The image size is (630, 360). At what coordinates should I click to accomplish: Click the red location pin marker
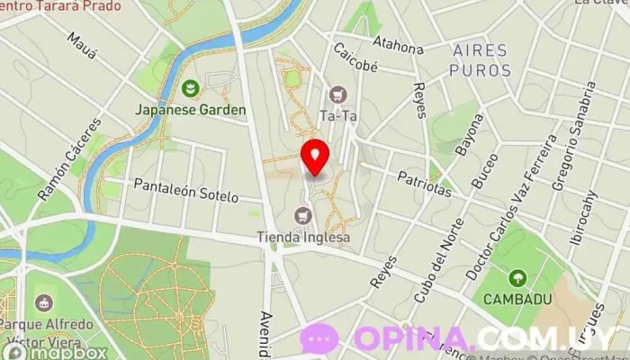click(314, 157)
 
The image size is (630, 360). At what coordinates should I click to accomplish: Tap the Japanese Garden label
click(191, 110)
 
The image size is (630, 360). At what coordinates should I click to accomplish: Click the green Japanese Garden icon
click(191, 88)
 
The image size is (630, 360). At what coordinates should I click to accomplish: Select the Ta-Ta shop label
click(338, 115)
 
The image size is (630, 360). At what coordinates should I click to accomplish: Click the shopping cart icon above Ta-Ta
click(338, 94)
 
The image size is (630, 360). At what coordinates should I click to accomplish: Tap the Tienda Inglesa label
click(304, 238)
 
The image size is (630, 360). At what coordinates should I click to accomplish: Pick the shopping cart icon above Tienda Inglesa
click(303, 215)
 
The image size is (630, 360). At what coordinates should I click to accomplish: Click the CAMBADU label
click(517, 298)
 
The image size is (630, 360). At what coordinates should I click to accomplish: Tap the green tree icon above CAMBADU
click(517, 277)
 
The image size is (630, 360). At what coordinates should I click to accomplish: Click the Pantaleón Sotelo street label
click(185, 190)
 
